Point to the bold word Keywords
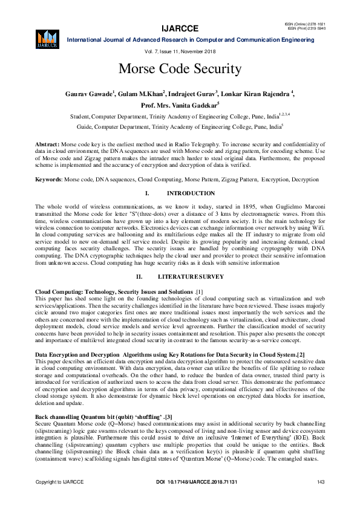coord(49,180)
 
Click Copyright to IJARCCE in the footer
coord(59,498)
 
